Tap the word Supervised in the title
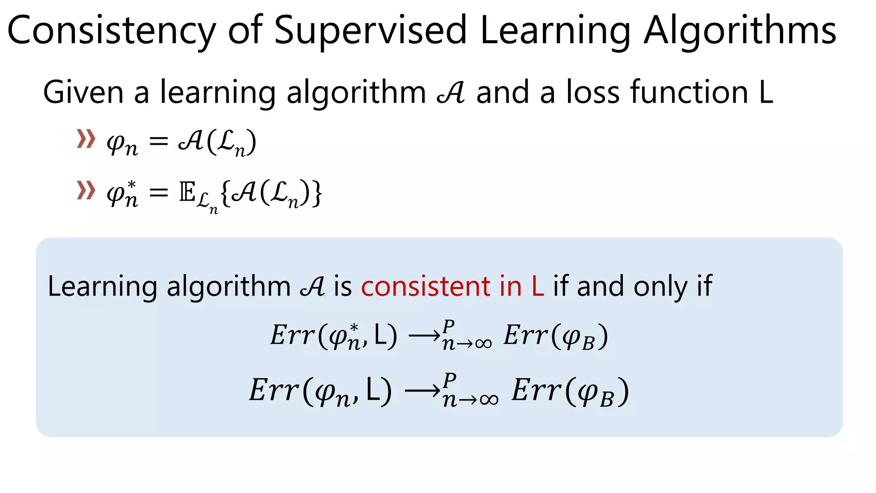point(370,31)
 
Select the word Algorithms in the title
point(740,31)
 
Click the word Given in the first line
point(83,92)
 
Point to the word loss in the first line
point(593,92)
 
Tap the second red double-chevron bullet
point(86,190)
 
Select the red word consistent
point(425,286)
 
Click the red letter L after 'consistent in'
point(538,286)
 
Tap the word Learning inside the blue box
point(102,286)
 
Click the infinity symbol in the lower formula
point(488,400)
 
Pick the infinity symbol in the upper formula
point(483,343)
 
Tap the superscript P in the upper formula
point(448,326)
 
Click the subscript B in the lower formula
point(607,400)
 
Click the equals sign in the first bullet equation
point(159,141)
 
